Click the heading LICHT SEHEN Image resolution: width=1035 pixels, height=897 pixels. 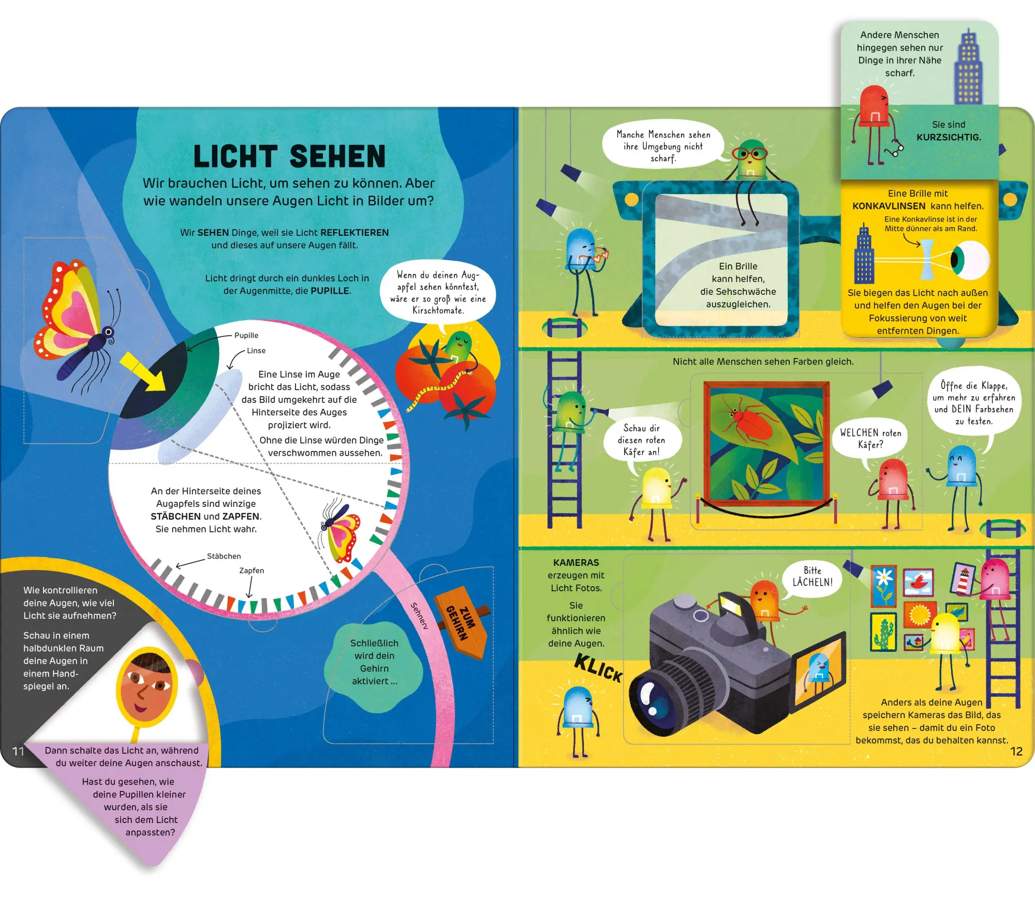289,156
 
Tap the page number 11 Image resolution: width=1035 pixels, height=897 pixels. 18,751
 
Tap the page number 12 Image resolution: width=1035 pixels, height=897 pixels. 1016,751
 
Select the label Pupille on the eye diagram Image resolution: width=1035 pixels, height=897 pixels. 246,335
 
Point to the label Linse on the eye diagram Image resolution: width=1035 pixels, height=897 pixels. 256,350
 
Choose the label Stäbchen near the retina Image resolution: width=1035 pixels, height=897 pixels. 224,556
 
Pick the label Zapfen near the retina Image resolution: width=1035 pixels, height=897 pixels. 252,570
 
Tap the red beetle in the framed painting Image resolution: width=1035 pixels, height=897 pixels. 749,422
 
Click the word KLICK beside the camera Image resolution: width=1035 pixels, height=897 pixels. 598,667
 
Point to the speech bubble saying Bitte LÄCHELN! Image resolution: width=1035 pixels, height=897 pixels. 812,576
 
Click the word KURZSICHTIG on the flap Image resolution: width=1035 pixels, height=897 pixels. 949,137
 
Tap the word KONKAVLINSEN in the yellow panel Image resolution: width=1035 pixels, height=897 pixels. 889,206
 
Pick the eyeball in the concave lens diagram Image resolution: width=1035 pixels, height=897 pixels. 969,259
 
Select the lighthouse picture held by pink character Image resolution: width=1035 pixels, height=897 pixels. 963,578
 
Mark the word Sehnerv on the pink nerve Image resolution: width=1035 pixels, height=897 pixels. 420,616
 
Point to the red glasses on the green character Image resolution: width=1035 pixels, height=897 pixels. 749,154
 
